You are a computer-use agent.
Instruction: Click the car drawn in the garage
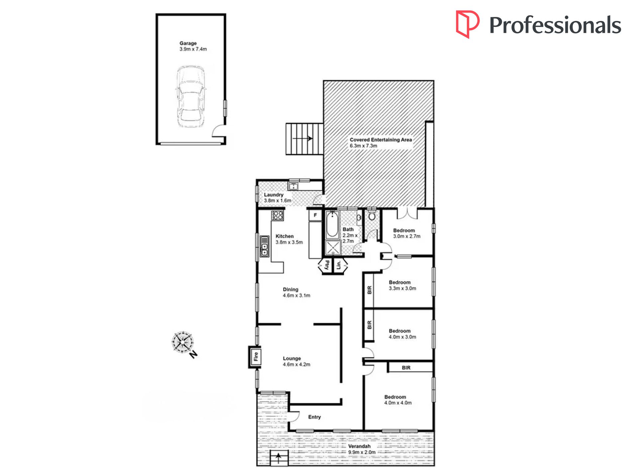point(190,97)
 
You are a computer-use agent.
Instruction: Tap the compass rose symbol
point(182,342)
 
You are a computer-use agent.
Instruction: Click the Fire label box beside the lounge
point(255,357)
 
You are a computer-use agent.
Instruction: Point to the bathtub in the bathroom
point(332,225)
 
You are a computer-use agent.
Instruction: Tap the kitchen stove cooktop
point(277,216)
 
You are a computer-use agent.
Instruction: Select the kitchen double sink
point(264,246)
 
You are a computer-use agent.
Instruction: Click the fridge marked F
point(315,215)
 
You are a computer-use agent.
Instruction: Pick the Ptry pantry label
point(327,265)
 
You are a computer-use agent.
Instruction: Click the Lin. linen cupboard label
point(338,265)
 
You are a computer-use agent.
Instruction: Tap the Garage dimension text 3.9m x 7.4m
point(193,49)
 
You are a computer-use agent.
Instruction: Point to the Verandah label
point(359,446)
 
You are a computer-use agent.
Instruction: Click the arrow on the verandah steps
point(278,458)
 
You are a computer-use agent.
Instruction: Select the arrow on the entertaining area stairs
point(303,138)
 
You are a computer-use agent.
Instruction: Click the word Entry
point(315,417)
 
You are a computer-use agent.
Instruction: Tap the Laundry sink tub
point(293,186)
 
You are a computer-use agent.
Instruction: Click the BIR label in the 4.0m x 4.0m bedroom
point(406,367)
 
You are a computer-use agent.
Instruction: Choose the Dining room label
point(291,289)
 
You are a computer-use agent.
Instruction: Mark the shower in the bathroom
point(332,248)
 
